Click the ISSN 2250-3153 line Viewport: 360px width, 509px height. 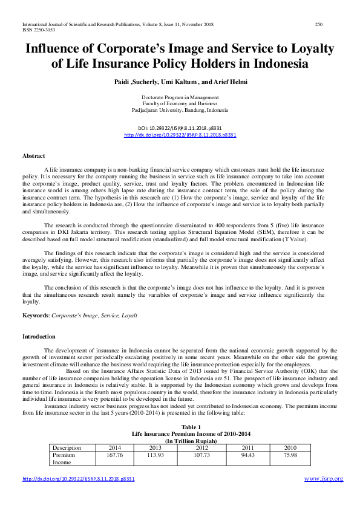[27, 30]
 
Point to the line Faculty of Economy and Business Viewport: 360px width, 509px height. [180, 104]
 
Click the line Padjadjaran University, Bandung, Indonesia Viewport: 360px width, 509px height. [180, 111]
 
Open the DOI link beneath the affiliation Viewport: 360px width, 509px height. [180, 135]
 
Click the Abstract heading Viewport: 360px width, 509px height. [34, 156]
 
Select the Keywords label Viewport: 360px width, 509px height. [36, 316]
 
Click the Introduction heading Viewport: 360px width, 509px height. [39, 336]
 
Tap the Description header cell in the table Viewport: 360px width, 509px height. [67, 448]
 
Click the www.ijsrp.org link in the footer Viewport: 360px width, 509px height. [323, 479]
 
